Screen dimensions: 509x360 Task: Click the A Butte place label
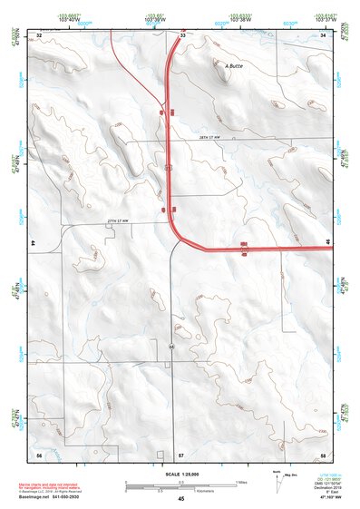233,65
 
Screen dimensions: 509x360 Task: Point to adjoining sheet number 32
39,34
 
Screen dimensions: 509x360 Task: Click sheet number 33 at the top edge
181,34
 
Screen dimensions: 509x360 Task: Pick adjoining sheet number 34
324,34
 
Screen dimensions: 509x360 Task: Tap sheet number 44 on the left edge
33,243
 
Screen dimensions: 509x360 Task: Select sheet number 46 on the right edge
327,241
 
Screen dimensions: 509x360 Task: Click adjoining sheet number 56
39,453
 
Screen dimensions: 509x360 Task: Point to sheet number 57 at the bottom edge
181,453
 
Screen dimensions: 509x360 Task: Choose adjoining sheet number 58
324,453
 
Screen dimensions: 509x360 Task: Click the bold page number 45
181,499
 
